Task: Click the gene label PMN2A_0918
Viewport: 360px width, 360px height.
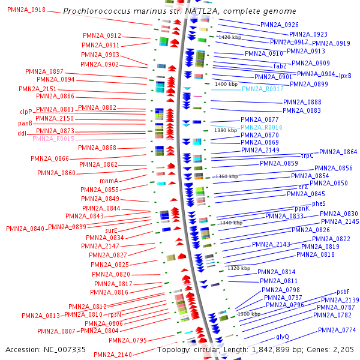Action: [x=26, y=11]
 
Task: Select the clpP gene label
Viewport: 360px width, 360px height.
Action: [x=26, y=112]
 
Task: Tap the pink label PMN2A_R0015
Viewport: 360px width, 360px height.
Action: [x=53, y=139]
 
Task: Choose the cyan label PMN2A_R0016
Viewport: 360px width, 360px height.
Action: [x=261, y=127]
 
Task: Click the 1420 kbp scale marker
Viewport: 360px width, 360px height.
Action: [x=230, y=37]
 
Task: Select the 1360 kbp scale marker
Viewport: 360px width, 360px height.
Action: [x=227, y=176]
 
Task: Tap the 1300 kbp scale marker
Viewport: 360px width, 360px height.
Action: [x=250, y=314]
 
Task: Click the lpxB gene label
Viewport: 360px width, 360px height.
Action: [x=345, y=76]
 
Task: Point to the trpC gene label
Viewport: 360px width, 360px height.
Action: [x=307, y=155]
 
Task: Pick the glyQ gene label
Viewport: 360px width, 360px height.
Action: [x=282, y=337]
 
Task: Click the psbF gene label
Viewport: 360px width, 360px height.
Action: [x=343, y=292]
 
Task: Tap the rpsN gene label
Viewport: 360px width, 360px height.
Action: [x=115, y=314]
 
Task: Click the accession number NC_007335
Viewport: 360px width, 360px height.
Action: [x=46, y=349]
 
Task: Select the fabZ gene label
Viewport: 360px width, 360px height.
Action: [x=280, y=66]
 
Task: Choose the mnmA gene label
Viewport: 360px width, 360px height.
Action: [x=109, y=181]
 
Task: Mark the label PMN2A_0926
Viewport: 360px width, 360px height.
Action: [x=280, y=25]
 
